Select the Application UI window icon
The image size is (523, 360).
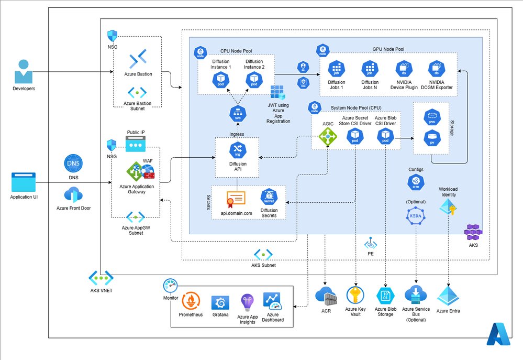pyautogui.click(x=23, y=183)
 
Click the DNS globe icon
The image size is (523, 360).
pyautogui.click(x=72, y=162)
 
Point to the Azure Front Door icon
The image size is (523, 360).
pyautogui.click(x=72, y=194)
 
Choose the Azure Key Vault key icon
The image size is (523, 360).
pyautogui.click(x=356, y=295)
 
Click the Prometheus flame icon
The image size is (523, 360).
pyautogui.click(x=191, y=302)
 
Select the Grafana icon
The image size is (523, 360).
pyautogui.click(x=220, y=303)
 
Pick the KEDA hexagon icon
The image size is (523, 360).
pyautogui.click(x=416, y=216)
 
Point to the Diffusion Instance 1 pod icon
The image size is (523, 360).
pyautogui.click(x=219, y=80)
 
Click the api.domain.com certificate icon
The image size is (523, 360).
pyautogui.click(x=236, y=199)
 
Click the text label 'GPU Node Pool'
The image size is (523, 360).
pyautogui.click(x=388, y=49)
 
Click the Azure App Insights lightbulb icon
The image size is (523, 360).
pyautogui.click(x=248, y=302)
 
